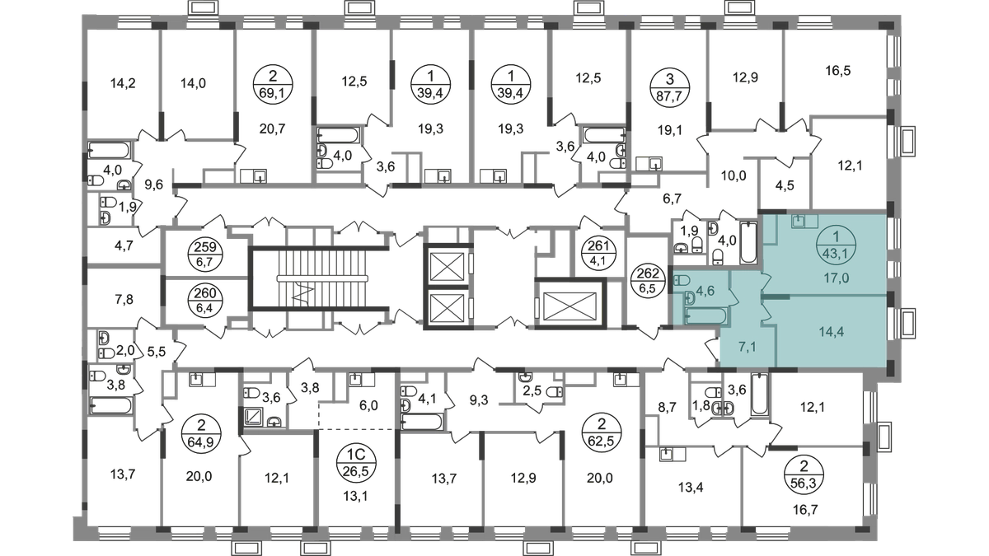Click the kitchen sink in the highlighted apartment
[799, 221]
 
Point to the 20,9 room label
[198, 476]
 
